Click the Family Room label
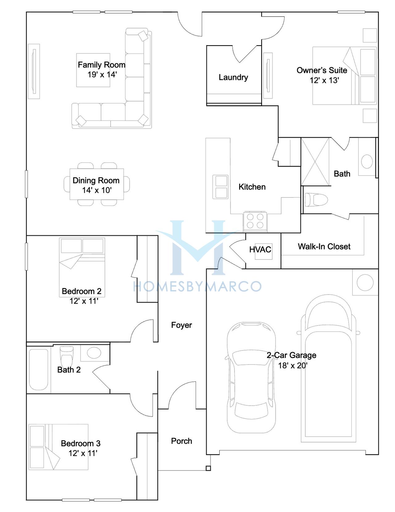tap(102, 65)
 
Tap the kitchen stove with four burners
tap(255, 222)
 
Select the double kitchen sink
tap(220, 187)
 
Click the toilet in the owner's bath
tap(316, 200)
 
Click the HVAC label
tap(260, 250)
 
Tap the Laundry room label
tap(233, 77)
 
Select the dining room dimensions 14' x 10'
tap(97, 190)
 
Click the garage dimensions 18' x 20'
tap(293, 365)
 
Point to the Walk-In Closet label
tap(324, 247)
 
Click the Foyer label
tap(181, 325)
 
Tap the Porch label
tap(181, 441)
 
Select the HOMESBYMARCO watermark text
tap(197, 286)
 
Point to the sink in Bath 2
tap(94, 353)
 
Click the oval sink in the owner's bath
tap(367, 161)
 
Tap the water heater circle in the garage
tap(365, 282)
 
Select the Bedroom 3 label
tap(81, 443)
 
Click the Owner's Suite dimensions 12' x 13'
tap(324, 80)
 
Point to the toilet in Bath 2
tap(67, 356)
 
